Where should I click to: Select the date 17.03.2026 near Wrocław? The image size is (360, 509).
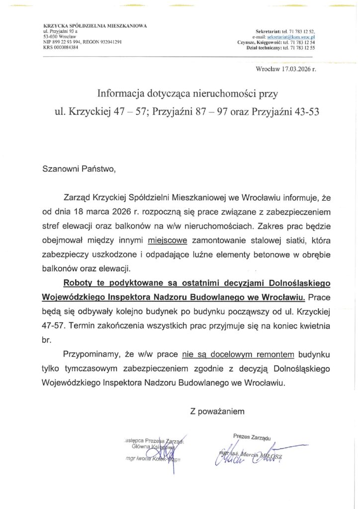pyautogui.click(x=296, y=69)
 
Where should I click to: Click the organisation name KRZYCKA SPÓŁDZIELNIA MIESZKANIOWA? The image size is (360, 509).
pyautogui.click(x=91, y=25)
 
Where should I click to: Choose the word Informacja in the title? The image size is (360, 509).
pyautogui.click(x=120, y=92)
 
